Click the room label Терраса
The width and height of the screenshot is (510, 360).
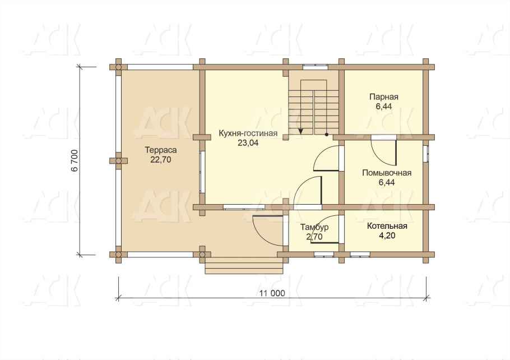click(x=161, y=150)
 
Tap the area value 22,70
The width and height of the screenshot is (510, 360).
click(x=161, y=160)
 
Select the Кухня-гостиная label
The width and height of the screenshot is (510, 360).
click(x=248, y=133)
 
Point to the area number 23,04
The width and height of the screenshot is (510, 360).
click(x=248, y=142)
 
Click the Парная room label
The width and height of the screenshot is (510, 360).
click(x=384, y=97)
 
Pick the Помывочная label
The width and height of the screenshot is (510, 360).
click(x=387, y=173)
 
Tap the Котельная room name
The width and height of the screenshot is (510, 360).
click(x=387, y=226)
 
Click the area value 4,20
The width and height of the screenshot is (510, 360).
click(x=387, y=236)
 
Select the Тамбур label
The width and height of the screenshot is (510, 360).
click(x=314, y=227)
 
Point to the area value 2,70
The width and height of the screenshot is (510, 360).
click(x=314, y=237)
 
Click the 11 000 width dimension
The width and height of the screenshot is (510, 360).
click(x=272, y=293)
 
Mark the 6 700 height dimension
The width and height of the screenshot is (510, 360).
click(x=75, y=160)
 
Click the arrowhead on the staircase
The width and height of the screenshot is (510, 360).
click(x=301, y=131)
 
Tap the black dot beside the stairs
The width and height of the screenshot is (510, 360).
click(x=327, y=134)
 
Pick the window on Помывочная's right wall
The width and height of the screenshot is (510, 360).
click(x=426, y=154)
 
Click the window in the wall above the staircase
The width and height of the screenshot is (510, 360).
click(x=314, y=67)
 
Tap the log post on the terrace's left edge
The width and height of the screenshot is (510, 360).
click(x=118, y=161)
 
